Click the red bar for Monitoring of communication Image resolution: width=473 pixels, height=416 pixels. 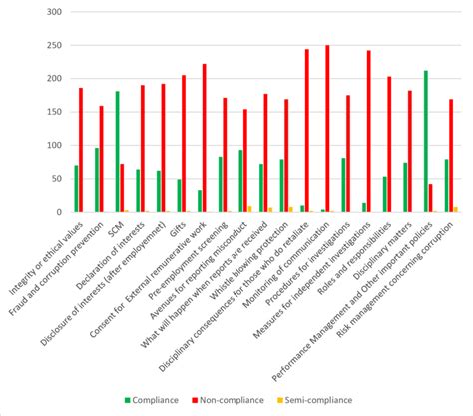pyautogui.click(x=327, y=129)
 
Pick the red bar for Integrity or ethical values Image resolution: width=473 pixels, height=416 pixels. pyautogui.click(x=81, y=150)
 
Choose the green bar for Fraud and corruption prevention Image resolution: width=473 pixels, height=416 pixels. pyautogui.click(x=96, y=180)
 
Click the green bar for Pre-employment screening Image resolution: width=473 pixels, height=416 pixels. pyautogui.click(x=220, y=184)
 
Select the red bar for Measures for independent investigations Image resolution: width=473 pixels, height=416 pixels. pyautogui.click(x=368, y=131)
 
